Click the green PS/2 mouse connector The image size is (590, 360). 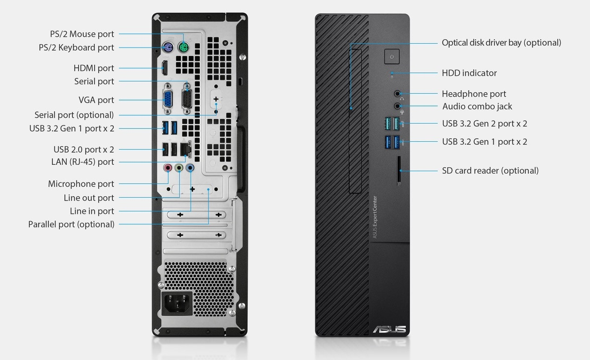pos(183,48)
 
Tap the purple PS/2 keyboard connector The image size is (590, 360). pos(168,48)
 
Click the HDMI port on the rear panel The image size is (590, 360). pos(165,68)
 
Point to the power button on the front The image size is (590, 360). pos(391,56)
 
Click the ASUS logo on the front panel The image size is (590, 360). pos(389,329)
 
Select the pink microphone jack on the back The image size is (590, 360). pos(168,168)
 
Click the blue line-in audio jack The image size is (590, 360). pos(190,168)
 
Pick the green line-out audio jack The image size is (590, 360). pos(179,168)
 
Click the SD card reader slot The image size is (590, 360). pos(399,171)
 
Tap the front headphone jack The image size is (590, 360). pos(398,93)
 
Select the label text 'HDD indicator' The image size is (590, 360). pos(469,73)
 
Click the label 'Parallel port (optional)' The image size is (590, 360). pos(71,224)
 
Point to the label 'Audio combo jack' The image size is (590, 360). pos(477,106)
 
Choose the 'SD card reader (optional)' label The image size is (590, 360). pos(490,171)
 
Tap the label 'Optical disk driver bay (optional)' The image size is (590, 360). pos(501,43)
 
